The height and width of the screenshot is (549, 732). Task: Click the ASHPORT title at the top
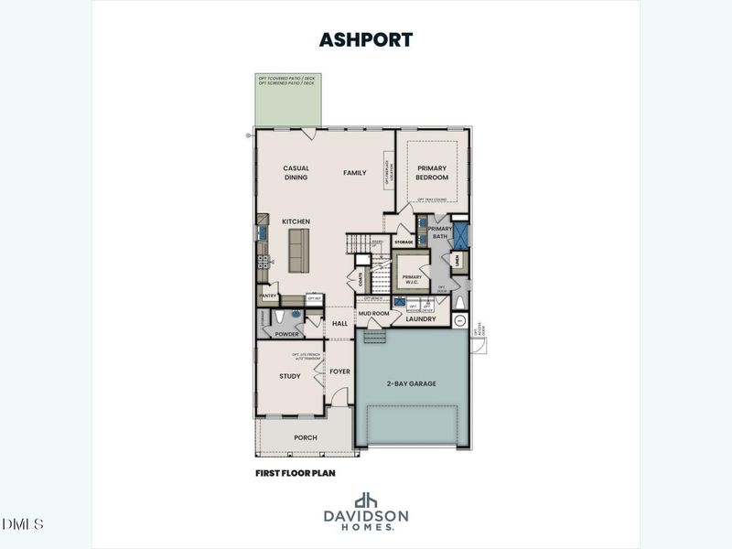(x=365, y=39)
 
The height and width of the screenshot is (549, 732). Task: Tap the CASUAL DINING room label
(x=296, y=173)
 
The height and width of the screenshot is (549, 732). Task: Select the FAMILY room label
(x=355, y=173)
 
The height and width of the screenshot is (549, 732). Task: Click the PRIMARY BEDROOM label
(x=432, y=173)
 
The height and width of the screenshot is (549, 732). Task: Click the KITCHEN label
(x=296, y=221)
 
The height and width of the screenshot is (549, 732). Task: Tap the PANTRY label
(x=268, y=296)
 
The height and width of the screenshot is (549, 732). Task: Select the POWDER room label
(x=286, y=333)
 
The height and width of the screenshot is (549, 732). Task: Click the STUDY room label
(x=289, y=376)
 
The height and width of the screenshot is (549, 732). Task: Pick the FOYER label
(x=340, y=371)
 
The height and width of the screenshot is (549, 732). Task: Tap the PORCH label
(x=305, y=437)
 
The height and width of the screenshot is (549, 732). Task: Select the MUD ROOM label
(x=372, y=313)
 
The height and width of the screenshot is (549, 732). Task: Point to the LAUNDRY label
(x=421, y=318)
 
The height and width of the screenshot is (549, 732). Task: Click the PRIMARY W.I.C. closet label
(x=411, y=278)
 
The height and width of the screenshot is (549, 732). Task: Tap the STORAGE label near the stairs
(x=404, y=242)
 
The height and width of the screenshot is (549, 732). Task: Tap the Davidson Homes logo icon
(x=366, y=500)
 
